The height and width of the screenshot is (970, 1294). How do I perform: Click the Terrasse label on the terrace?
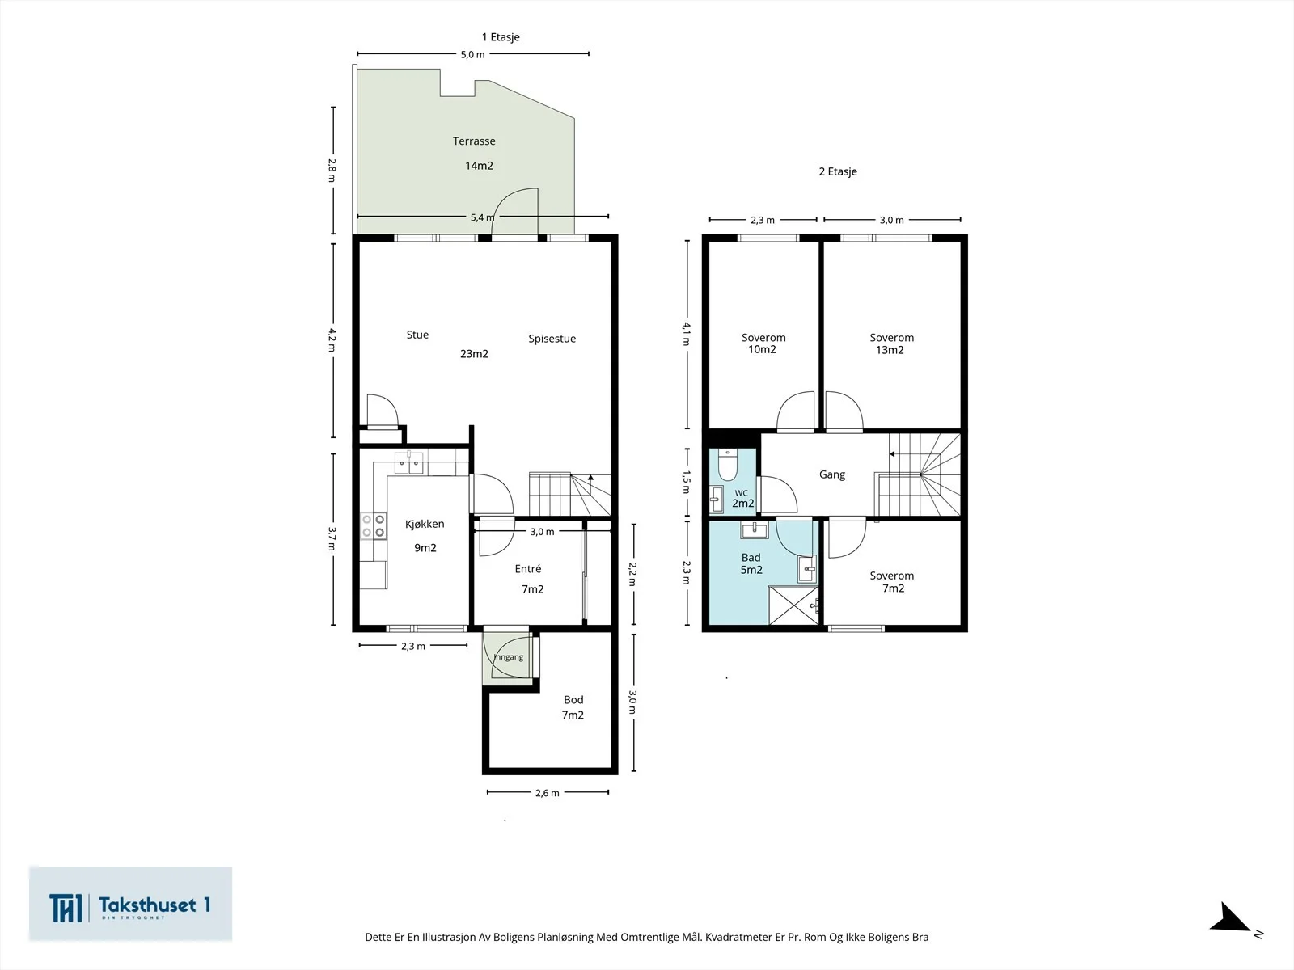[474, 141]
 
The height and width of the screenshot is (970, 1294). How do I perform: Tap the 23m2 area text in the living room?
[474, 354]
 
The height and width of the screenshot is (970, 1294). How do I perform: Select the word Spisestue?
[552, 339]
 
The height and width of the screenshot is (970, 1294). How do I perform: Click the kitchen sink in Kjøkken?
[408, 463]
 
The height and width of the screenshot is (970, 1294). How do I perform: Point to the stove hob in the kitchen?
[374, 526]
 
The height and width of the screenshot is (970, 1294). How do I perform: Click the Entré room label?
[527, 568]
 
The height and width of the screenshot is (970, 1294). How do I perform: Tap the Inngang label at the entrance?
[508, 656]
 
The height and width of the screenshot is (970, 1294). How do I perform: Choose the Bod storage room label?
[573, 700]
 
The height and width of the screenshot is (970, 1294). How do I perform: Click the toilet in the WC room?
[728, 465]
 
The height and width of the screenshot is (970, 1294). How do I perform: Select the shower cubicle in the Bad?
[793, 605]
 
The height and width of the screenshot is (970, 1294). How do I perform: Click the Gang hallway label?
[832, 474]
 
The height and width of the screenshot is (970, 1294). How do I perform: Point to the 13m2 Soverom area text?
[890, 350]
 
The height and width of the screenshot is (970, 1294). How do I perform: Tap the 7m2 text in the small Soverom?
[893, 588]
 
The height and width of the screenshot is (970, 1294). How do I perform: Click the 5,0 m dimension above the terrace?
[473, 54]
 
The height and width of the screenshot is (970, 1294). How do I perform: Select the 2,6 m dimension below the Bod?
[548, 793]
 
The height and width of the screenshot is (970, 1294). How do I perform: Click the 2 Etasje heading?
[838, 171]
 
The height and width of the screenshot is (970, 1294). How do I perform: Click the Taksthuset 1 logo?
[130, 904]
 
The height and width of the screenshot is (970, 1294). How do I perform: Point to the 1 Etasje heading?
[501, 37]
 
